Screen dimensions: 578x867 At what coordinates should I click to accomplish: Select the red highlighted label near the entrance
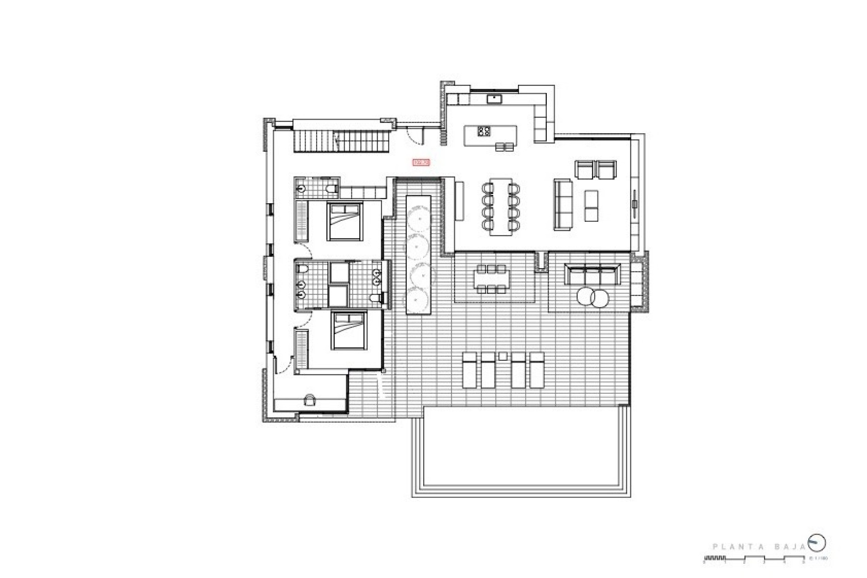(421, 162)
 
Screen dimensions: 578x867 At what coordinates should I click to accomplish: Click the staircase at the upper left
(342, 141)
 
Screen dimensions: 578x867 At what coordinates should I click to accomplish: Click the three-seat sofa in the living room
(563, 204)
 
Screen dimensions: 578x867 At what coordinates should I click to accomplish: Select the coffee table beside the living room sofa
(591, 205)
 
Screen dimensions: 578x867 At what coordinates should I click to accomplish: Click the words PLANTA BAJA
(758, 547)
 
